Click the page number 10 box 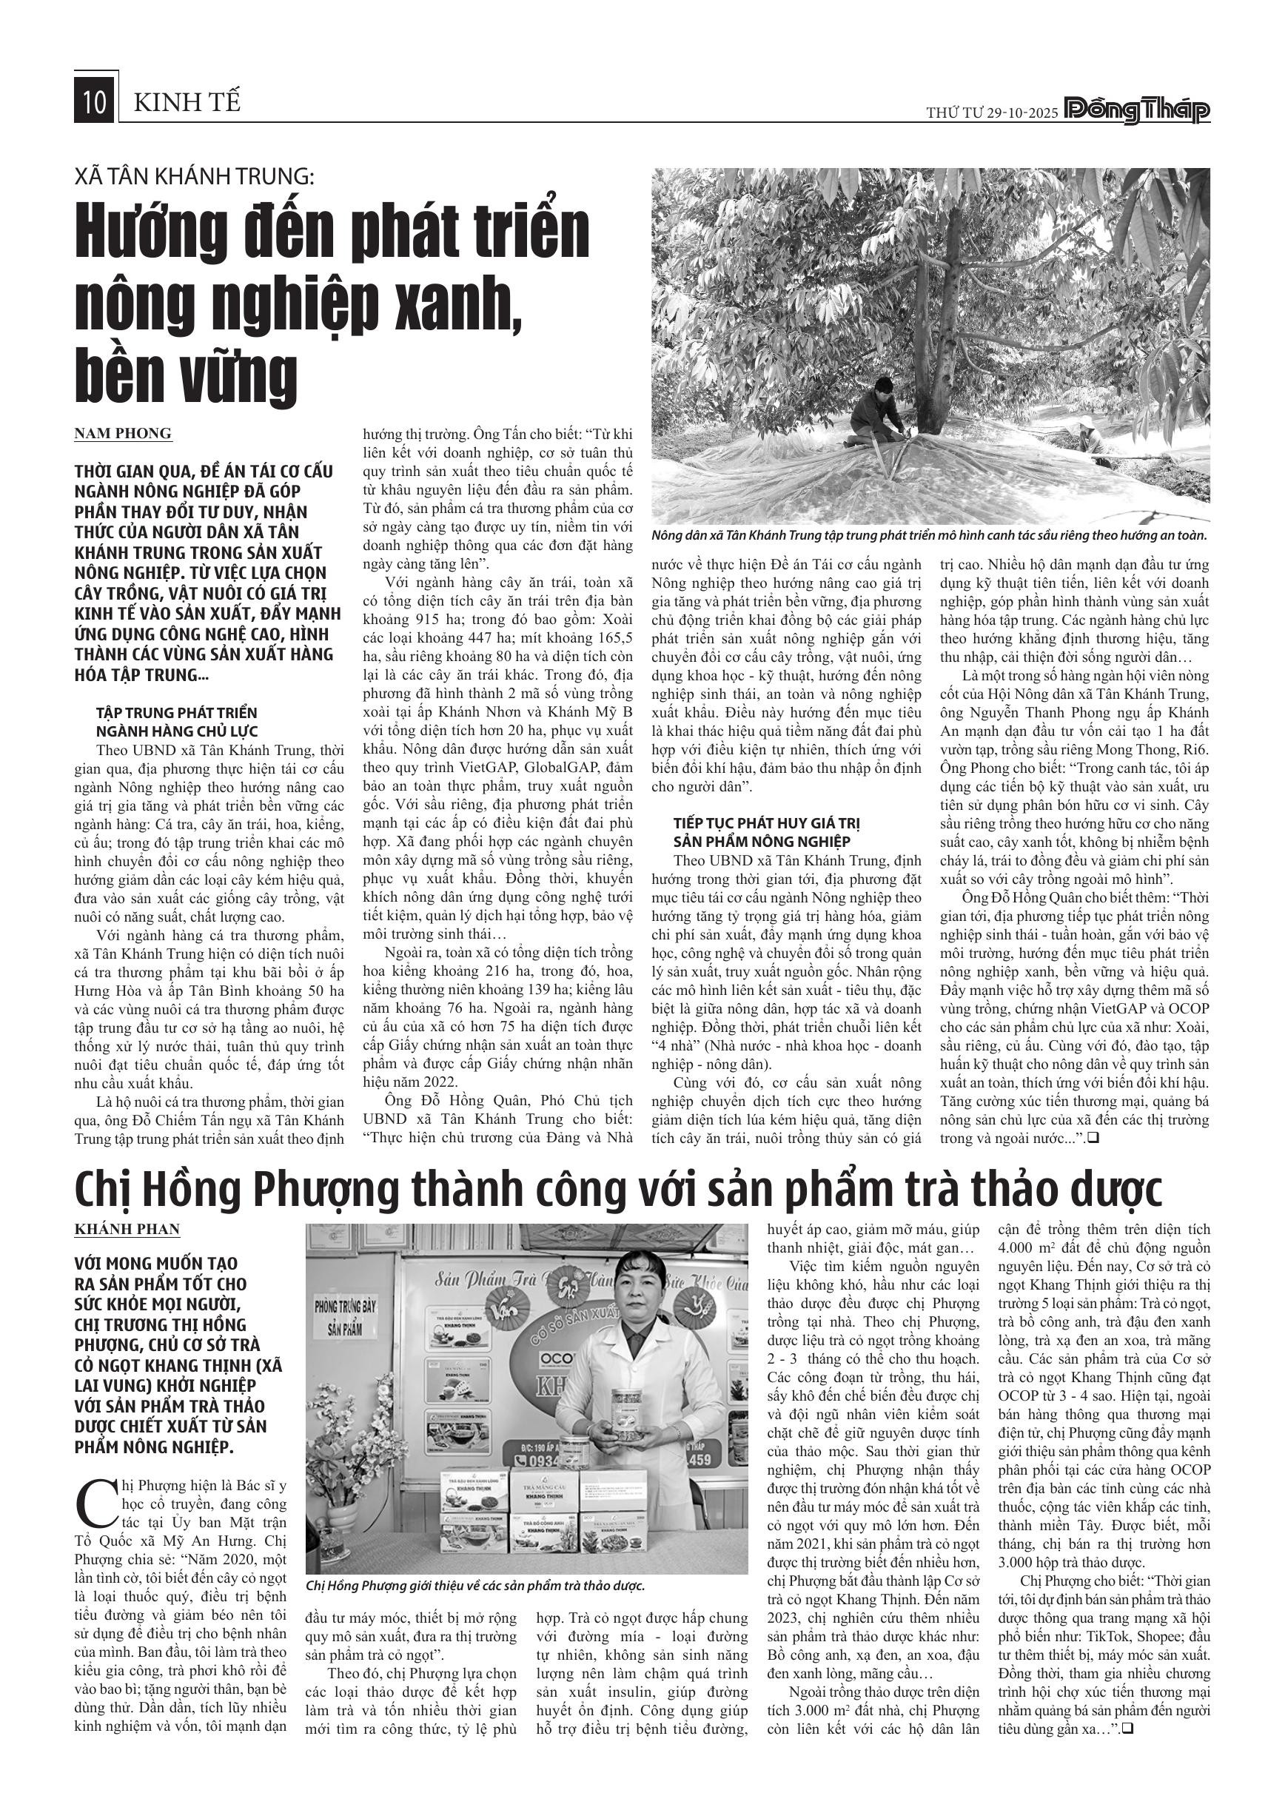(x=95, y=102)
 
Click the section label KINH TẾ (x=187, y=102)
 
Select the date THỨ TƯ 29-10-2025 (x=992, y=113)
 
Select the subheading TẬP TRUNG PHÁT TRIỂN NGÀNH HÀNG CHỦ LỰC (x=176, y=722)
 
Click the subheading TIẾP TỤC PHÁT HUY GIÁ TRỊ (x=767, y=823)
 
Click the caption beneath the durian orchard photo (x=929, y=536)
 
